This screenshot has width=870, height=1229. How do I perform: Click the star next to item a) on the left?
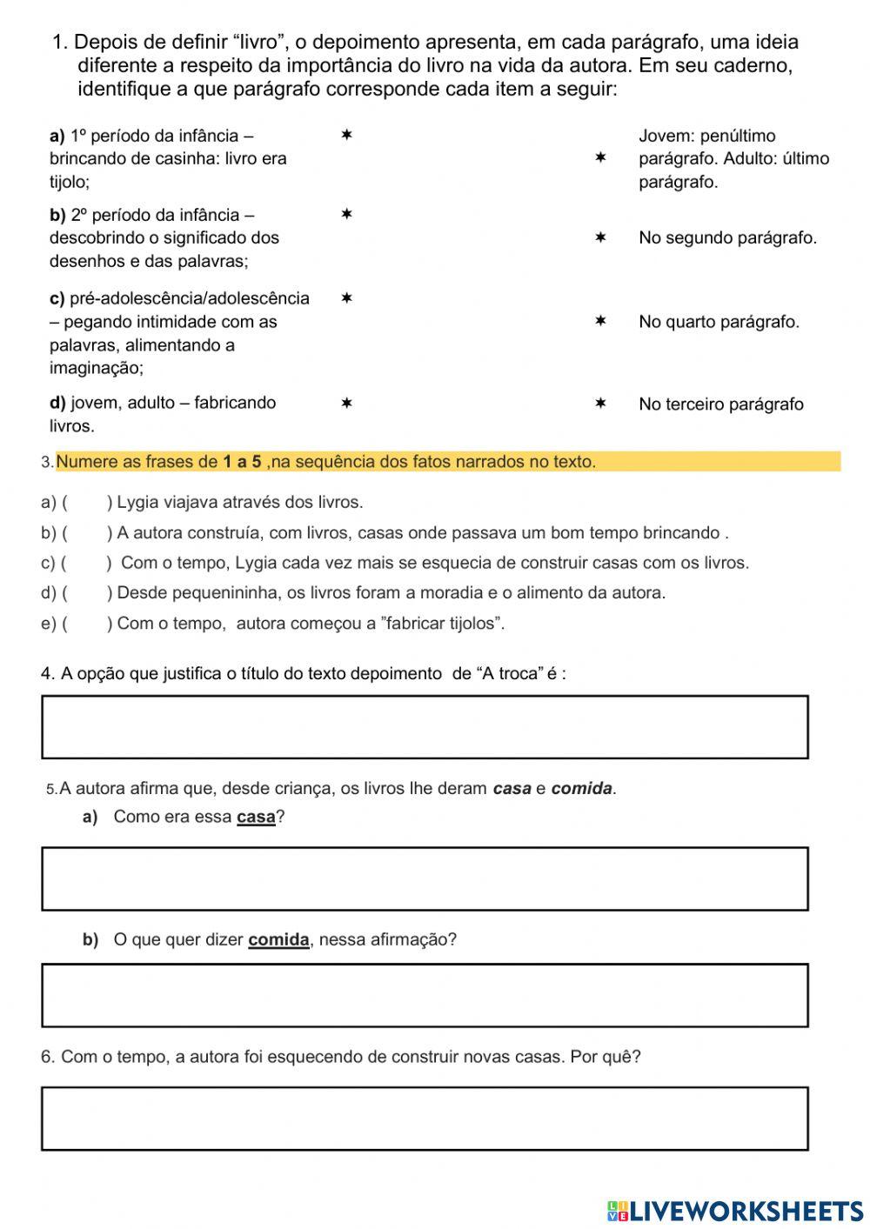click(345, 136)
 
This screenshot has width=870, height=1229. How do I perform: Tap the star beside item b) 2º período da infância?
click(345, 214)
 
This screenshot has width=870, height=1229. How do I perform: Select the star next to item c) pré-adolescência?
click(345, 298)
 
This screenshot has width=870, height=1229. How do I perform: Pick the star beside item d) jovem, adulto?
click(345, 404)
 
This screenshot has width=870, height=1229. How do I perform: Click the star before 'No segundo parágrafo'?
click(599, 237)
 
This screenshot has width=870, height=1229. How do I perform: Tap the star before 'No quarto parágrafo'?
click(599, 322)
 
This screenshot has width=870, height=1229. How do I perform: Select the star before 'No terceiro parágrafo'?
click(599, 404)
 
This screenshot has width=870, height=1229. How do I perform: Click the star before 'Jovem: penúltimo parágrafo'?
click(599, 158)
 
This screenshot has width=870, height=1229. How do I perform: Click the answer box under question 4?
click(425, 727)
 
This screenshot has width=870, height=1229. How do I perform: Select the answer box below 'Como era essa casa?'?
click(425, 878)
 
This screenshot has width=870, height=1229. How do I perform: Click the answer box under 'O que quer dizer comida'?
click(425, 995)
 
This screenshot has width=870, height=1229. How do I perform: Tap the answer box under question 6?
click(425, 1118)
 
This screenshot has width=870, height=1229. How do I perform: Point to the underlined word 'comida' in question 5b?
click(278, 940)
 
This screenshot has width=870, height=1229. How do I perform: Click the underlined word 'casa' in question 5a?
click(256, 818)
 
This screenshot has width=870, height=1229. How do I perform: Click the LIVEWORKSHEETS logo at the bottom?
click(735, 1211)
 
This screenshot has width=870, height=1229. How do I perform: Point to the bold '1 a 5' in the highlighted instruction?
click(242, 462)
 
